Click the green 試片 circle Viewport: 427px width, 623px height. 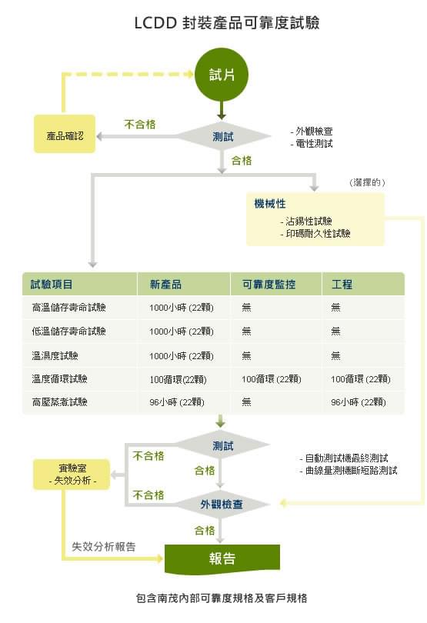[x=222, y=75]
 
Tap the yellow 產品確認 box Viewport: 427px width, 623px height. [x=65, y=134]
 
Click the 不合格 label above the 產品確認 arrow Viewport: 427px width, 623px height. [x=140, y=125]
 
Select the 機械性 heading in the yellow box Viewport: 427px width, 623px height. [x=270, y=204]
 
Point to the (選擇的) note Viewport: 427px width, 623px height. [x=367, y=182]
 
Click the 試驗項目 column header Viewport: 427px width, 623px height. [x=52, y=285]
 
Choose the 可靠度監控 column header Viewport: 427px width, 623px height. [x=269, y=285]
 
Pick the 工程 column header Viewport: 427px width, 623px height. [x=342, y=285]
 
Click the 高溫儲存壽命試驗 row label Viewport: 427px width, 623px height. [x=68, y=307]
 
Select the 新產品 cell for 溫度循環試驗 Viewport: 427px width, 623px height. [x=178, y=379]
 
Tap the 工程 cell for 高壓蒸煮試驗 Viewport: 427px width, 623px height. [x=359, y=402]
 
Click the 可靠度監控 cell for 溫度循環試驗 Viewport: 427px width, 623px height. [x=271, y=379]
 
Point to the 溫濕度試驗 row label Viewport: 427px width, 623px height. [x=55, y=355]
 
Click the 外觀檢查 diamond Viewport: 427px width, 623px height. [x=222, y=505]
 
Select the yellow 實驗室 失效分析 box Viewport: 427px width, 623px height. [x=72, y=475]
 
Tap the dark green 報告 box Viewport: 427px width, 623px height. [x=222, y=559]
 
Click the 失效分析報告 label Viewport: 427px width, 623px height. [x=104, y=547]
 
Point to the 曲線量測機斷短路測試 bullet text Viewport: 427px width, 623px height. [x=349, y=471]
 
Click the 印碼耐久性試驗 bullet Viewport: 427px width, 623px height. [x=315, y=233]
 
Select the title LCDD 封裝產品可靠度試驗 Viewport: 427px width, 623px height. [x=227, y=22]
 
